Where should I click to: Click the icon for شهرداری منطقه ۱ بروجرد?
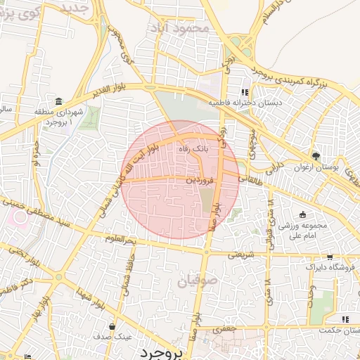pyautogui.click(x=58, y=101)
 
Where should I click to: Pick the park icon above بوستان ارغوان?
pyautogui.click(x=316, y=156)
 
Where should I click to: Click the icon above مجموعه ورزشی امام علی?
pyautogui.click(x=302, y=214)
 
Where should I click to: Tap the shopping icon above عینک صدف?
pyautogui.click(x=112, y=326)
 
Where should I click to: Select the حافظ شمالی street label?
pyautogui.click(x=129, y=268)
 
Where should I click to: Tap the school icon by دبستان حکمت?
pyautogui.click(x=345, y=319)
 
